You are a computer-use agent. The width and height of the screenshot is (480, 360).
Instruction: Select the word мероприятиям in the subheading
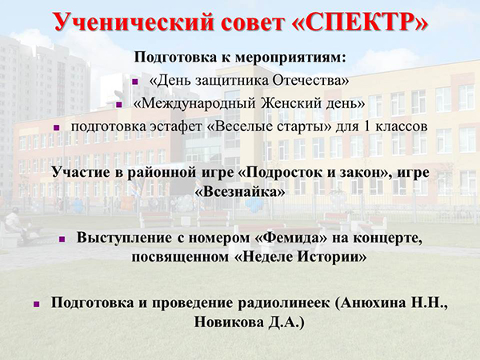(290, 58)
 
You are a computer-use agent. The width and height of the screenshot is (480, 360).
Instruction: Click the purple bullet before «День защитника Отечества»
(135, 82)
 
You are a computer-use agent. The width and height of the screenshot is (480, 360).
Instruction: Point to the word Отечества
(310, 81)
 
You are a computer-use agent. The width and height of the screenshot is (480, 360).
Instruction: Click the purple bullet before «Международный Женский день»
(119, 105)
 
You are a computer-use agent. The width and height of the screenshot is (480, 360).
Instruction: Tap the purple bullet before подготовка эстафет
(56, 128)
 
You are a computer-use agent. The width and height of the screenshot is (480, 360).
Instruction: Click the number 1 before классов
(366, 126)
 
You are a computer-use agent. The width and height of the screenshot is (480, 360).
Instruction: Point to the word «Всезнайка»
(240, 192)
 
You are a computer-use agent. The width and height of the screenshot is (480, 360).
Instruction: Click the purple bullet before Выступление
(62, 238)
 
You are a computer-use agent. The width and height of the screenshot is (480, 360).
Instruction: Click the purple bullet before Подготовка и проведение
(37, 304)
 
